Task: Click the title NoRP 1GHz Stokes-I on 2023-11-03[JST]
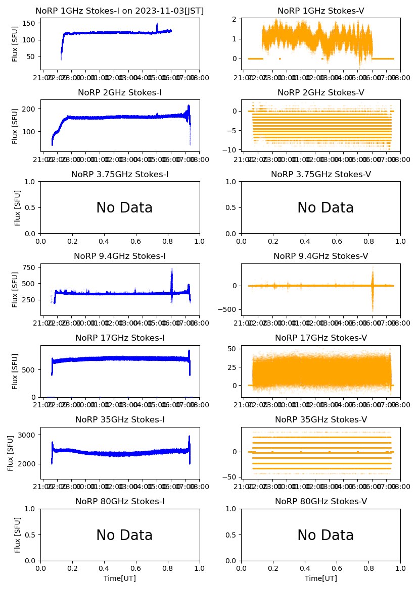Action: (x=120, y=11)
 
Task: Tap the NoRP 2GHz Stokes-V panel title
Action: (x=320, y=93)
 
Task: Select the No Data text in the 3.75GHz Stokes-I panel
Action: (x=124, y=208)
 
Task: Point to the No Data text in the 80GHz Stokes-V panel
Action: (x=326, y=535)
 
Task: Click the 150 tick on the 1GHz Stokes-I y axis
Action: (x=30, y=23)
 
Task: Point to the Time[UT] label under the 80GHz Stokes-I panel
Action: (x=120, y=578)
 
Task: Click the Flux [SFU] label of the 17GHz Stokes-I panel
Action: (x=15, y=371)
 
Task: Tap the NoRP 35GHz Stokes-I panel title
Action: (x=120, y=420)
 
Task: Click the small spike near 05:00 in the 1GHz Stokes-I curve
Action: (x=157, y=26)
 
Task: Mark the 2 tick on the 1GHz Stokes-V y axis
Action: (x=235, y=19)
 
